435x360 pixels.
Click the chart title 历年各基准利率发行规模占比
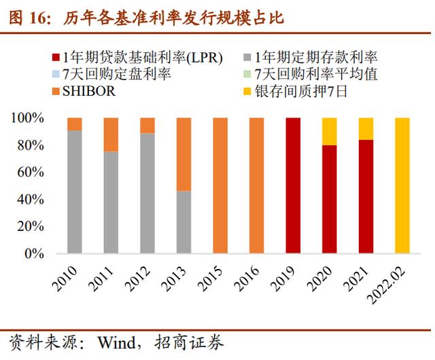[x=174, y=18]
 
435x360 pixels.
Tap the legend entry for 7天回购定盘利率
[x=116, y=74]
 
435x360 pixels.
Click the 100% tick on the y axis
[x=29, y=118]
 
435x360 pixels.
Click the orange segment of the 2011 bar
[x=111, y=134]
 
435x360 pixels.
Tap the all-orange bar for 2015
[x=220, y=185]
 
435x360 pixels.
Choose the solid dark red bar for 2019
[x=293, y=185]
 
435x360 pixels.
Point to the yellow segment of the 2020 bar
[x=329, y=131]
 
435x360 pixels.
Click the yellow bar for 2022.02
[x=402, y=185]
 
